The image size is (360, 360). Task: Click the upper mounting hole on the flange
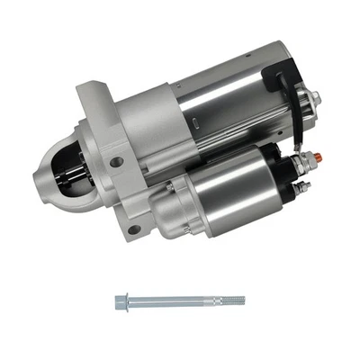[116, 162]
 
